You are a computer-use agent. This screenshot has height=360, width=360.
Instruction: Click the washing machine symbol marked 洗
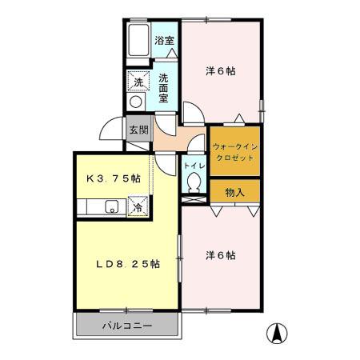(x=138, y=82)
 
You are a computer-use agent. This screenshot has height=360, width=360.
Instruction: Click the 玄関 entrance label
(x=138, y=129)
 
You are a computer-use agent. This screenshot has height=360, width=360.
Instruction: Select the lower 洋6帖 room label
(x=220, y=255)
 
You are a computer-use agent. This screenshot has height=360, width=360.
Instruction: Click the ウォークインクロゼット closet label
(x=234, y=152)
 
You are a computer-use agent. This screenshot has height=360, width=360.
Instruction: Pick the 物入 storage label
(x=234, y=192)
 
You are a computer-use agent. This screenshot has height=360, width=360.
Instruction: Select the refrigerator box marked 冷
(x=138, y=206)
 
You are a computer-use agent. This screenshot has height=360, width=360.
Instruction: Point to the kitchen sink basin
(x=110, y=210)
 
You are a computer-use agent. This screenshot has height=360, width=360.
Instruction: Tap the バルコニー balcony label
(x=126, y=326)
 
